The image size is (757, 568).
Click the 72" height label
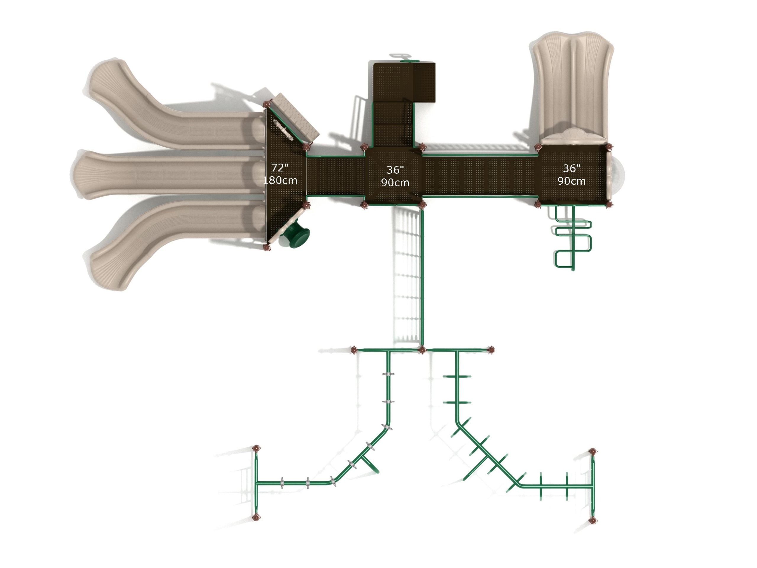coord(280,168)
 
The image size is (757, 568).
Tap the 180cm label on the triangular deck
coord(280,180)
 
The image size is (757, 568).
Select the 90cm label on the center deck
coord(395,183)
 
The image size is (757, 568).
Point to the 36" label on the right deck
coord(572,168)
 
